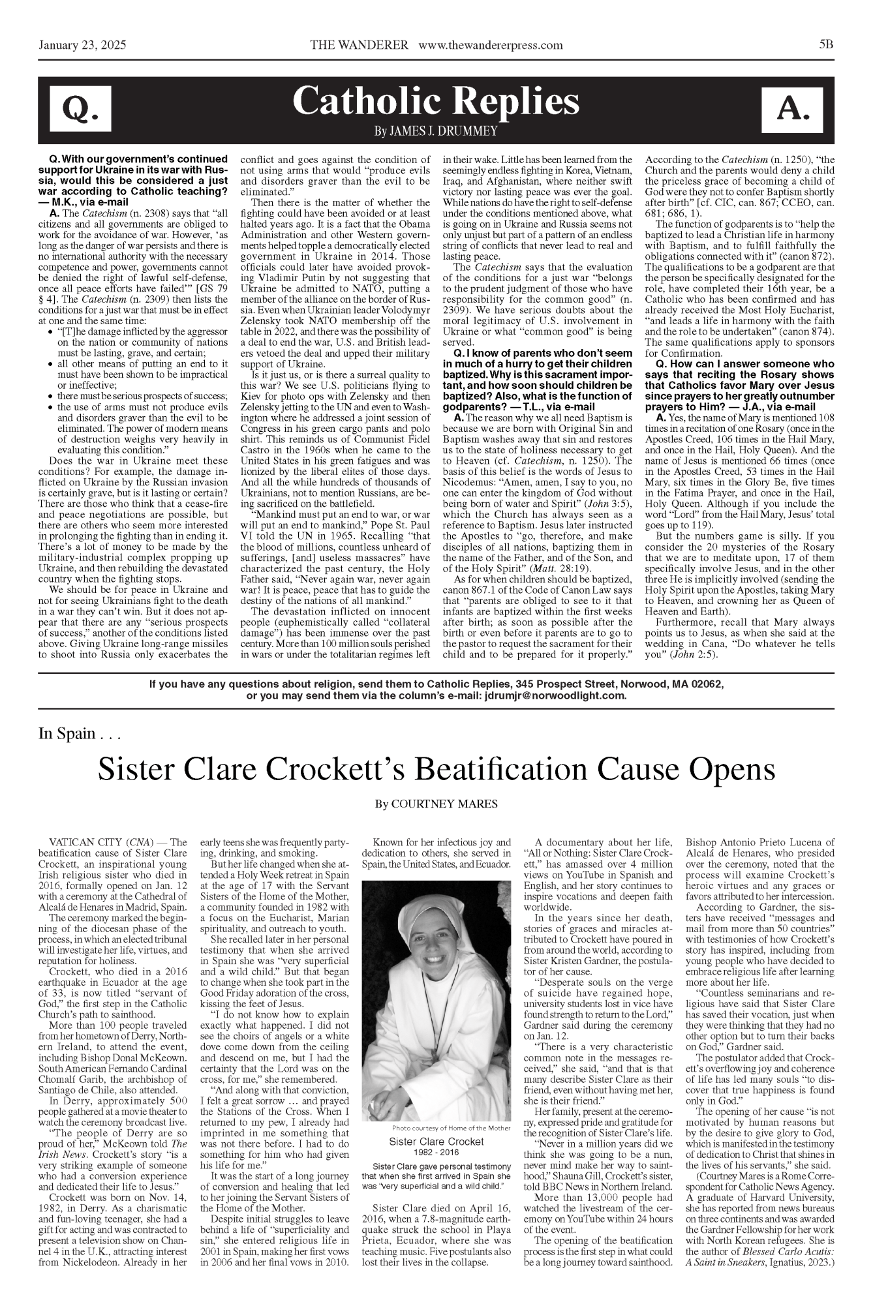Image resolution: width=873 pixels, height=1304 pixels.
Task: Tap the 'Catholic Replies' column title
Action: click(x=436, y=102)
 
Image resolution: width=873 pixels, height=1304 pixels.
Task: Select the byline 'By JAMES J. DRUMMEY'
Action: click(x=436, y=132)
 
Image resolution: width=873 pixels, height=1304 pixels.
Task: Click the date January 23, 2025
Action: click(x=82, y=45)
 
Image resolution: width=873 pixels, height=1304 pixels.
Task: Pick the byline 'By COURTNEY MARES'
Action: click(x=436, y=804)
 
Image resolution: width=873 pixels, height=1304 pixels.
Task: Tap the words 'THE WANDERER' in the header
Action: click(x=360, y=45)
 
